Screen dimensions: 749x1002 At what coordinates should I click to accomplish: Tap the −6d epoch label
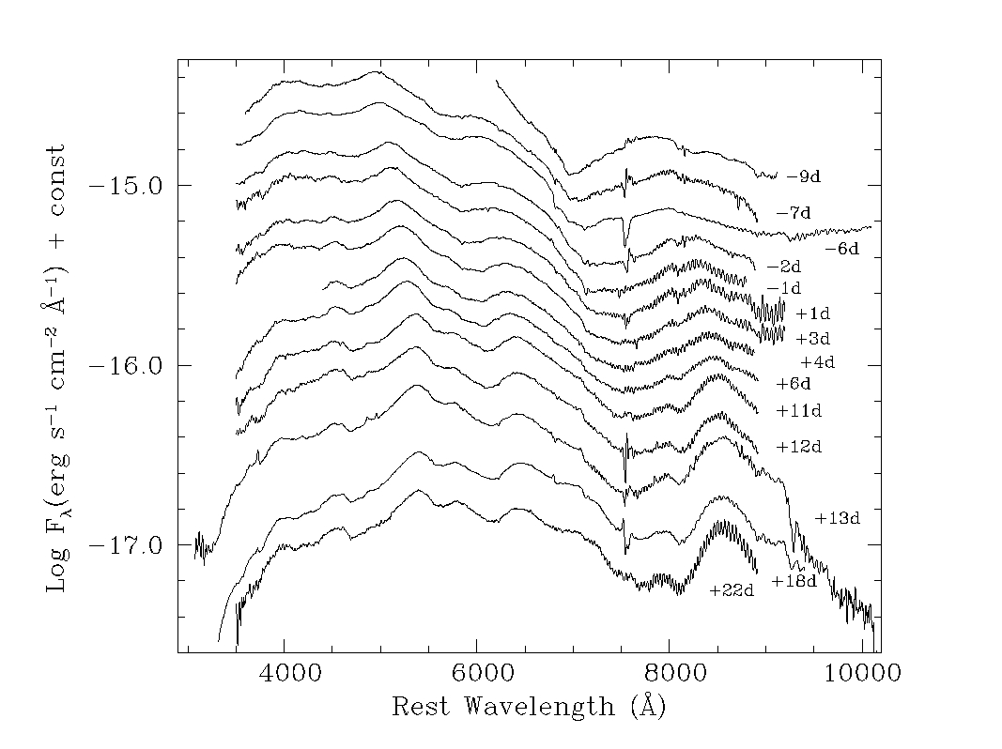pos(841,249)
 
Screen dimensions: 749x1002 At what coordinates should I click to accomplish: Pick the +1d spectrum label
pos(813,313)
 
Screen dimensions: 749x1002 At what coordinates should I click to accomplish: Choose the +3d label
pos(813,338)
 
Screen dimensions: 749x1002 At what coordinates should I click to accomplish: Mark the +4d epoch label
pos(817,361)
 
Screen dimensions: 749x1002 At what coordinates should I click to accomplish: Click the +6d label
pos(794,383)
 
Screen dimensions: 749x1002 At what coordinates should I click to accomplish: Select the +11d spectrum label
pos(799,411)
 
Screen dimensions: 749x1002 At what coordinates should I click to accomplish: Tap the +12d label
pos(799,447)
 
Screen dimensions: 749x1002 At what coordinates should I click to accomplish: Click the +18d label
pos(794,582)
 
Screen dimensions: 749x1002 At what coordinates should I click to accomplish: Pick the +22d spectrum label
pos(732,590)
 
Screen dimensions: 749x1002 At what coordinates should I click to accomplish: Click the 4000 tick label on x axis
pos(284,674)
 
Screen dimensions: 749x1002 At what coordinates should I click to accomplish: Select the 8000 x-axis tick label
pos(670,674)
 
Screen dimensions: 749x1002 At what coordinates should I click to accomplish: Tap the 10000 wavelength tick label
pos(857,674)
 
